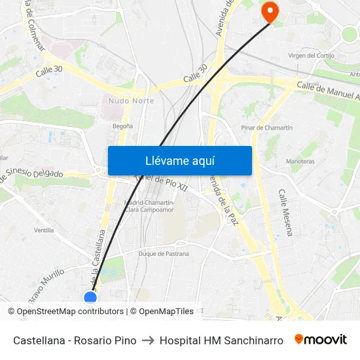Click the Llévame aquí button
[x=179, y=160]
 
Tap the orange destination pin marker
[x=269, y=12]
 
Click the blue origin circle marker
[x=90, y=298]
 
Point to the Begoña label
[x=122, y=126]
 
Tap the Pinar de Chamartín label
[x=266, y=128]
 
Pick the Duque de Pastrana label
[x=164, y=254]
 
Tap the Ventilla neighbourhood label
[x=44, y=230]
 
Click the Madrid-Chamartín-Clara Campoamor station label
[x=149, y=206]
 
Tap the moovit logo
[x=320, y=340]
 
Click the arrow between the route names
[x=148, y=340]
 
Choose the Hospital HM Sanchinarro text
[x=221, y=340]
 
